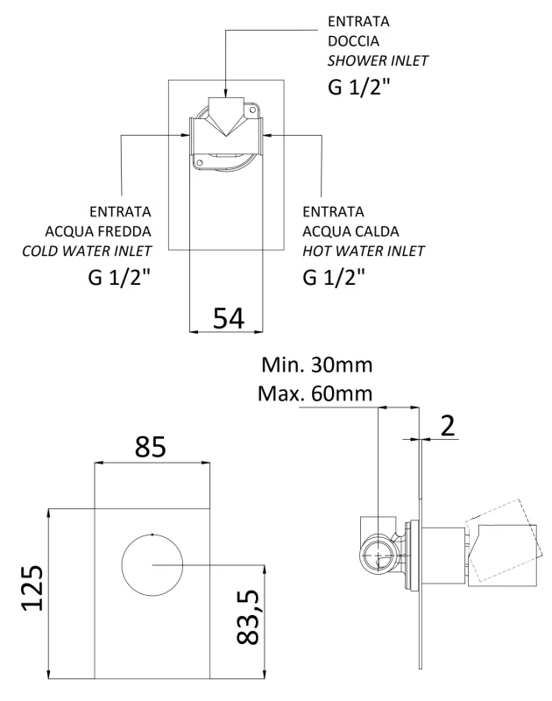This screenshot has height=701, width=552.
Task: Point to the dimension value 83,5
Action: [x=250, y=617]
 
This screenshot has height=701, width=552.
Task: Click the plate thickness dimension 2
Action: [x=447, y=427]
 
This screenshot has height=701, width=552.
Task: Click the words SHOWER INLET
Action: [x=378, y=60]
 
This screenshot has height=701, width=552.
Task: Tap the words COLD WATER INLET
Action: [x=87, y=251]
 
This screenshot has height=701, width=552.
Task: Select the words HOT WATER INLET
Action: [x=363, y=251]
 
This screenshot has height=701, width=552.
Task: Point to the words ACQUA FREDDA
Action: [x=98, y=231]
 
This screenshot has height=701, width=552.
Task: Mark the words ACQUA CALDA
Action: [x=350, y=231]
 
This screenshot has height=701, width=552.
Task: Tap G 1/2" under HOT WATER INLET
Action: [x=334, y=278]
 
